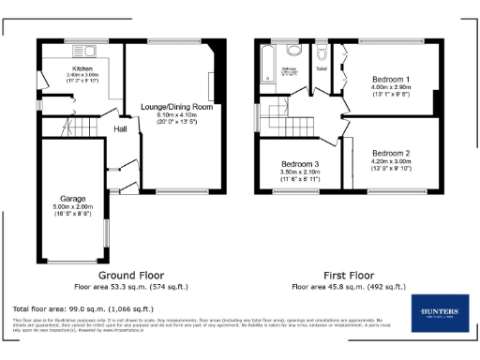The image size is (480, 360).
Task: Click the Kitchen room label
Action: [x=82, y=68]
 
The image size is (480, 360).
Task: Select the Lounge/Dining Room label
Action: [x=177, y=107]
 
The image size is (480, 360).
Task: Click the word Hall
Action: [x=121, y=128]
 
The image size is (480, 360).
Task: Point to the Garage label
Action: [x=73, y=200]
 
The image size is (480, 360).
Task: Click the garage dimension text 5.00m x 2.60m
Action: [x=73, y=207]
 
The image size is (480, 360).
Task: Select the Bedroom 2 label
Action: [x=391, y=152]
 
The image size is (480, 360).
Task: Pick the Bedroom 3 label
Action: [x=301, y=164]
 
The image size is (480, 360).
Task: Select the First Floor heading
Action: [x=350, y=276]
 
